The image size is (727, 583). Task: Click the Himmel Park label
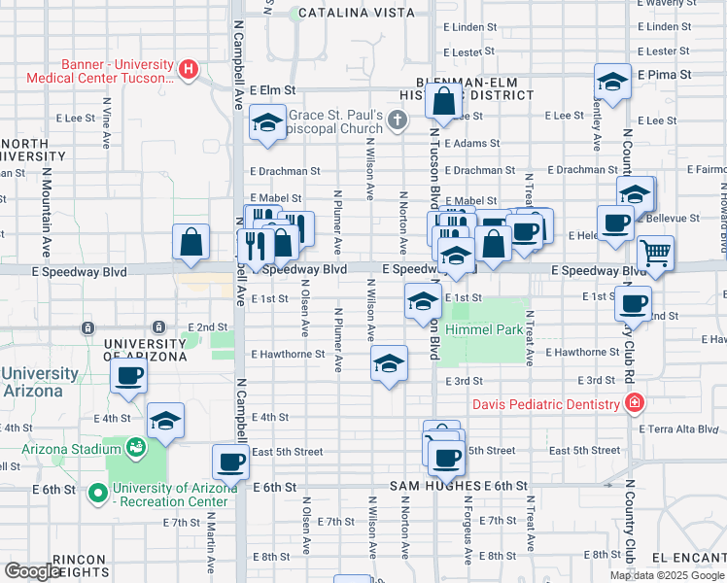pyautogui.click(x=485, y=330)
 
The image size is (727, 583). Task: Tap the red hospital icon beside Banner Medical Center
pyautogui.click(x=190, y=70)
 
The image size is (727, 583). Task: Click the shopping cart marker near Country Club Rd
pyautogui.click(x=657, y=254)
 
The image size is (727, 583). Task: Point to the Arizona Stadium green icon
pyautogui.click(x=135, y=447)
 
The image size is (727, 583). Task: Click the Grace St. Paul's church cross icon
pyautogui.click(x=396, y=120)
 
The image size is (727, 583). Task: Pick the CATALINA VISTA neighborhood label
pyautogui.click(x=357, y=13)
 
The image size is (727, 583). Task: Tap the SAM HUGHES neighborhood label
pyautogui.click(x=433, y=485)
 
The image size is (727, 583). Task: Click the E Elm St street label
pyautogui.click(x=272, y=89)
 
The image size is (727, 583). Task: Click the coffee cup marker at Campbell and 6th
pyautogui.click(x=230, y=463)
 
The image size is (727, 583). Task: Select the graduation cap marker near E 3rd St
pyautogui.click(x=389, y=364)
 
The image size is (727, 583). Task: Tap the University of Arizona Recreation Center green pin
pyautogui.click(x=96, y=494)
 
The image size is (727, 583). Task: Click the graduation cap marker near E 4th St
pyautogui.click(x=166, y=421)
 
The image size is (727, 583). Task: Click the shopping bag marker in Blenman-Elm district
pyautogui.click(x=443, y=101)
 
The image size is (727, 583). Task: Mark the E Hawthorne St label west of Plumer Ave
pyautogui.click(x=287, y=355)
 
